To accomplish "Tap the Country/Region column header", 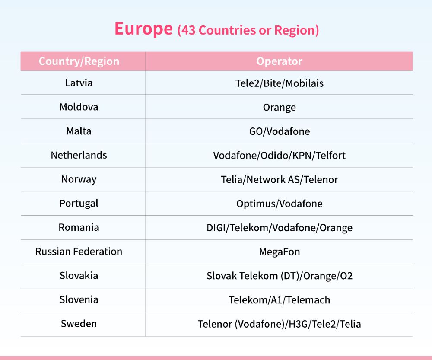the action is point(79,61).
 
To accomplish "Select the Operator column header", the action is point(280,61).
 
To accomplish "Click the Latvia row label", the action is point(79,83).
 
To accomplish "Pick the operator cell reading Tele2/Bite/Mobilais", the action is point(280,83).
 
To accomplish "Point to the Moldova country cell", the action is point(79,107).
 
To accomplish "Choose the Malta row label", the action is point(79,131).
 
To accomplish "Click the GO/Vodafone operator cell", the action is point(280,131).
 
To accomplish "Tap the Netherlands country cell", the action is point(79,155).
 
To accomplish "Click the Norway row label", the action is point(79,179).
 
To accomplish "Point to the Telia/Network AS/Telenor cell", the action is point(280,180).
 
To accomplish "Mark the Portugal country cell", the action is point(79,204).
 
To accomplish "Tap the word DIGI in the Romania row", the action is point(216,228).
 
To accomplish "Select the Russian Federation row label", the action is point(79,252).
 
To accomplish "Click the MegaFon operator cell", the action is point(280,252).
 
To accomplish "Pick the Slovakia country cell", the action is point(79,276).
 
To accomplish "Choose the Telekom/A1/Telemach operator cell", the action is point(280,300).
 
